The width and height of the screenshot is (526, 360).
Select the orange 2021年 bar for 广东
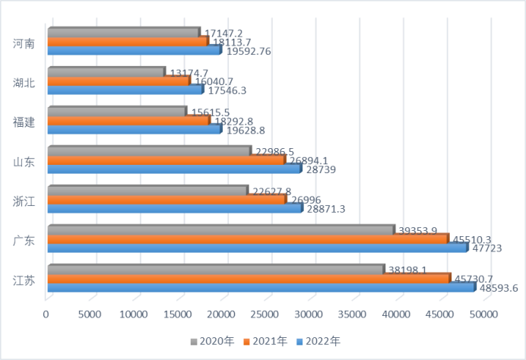click(x=247, y=238)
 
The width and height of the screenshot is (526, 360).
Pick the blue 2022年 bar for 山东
click(x=173, y=169)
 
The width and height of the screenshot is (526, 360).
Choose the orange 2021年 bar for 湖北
click(x=118, y=81)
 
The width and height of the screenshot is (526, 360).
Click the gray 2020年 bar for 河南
click(x=122, y=33)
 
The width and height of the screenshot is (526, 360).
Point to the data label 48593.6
click(x=498, y=288)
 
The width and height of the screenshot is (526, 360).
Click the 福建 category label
click(x=24, y=122)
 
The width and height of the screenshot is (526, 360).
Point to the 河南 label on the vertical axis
click(x=24, y=43)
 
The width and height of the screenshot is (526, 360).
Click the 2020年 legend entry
click(x=212, y=342)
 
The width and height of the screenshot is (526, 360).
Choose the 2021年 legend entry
click(x=266, y=342)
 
